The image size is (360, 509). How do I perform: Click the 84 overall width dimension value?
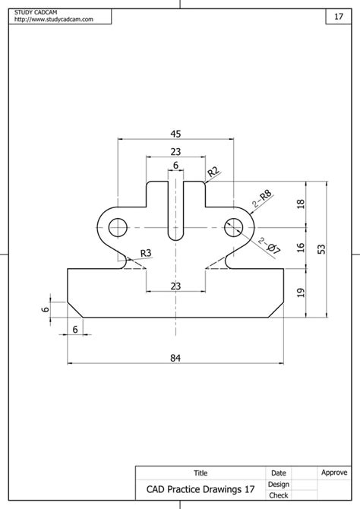click(175, 356)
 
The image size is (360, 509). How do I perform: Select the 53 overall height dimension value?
click(321, 249)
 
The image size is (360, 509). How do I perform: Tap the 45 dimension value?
click(175, 133)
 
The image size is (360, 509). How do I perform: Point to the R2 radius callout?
click(213, 172)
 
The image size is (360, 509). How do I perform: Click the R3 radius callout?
click(145, 253)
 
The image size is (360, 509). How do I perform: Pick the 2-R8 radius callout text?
click(264, 200)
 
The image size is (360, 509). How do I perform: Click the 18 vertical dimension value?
click(301, 204)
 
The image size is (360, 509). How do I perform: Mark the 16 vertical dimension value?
click(301, 248)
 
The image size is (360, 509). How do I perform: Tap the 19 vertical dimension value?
click(301, 292)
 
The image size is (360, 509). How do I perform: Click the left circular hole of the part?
click(118, 226)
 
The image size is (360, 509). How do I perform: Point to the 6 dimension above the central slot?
click(175, 166)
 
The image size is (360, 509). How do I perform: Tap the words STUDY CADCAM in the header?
click(38, 12)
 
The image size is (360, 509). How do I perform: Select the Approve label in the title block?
click(334, 473)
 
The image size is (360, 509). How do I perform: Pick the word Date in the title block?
click(278, 473)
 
